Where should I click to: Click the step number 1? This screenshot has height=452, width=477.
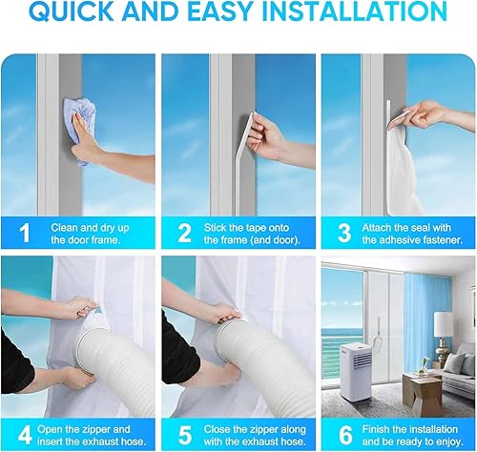24,234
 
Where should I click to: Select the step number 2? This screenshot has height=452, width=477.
184,234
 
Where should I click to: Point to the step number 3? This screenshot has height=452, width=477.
344,234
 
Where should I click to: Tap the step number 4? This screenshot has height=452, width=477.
25,435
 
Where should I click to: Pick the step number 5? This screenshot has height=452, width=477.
185,435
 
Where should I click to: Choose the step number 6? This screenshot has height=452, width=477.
345,435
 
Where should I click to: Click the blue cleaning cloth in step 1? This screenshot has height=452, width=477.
81,127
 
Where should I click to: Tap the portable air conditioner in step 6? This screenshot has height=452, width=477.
356,371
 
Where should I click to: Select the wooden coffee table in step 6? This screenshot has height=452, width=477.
423,390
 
